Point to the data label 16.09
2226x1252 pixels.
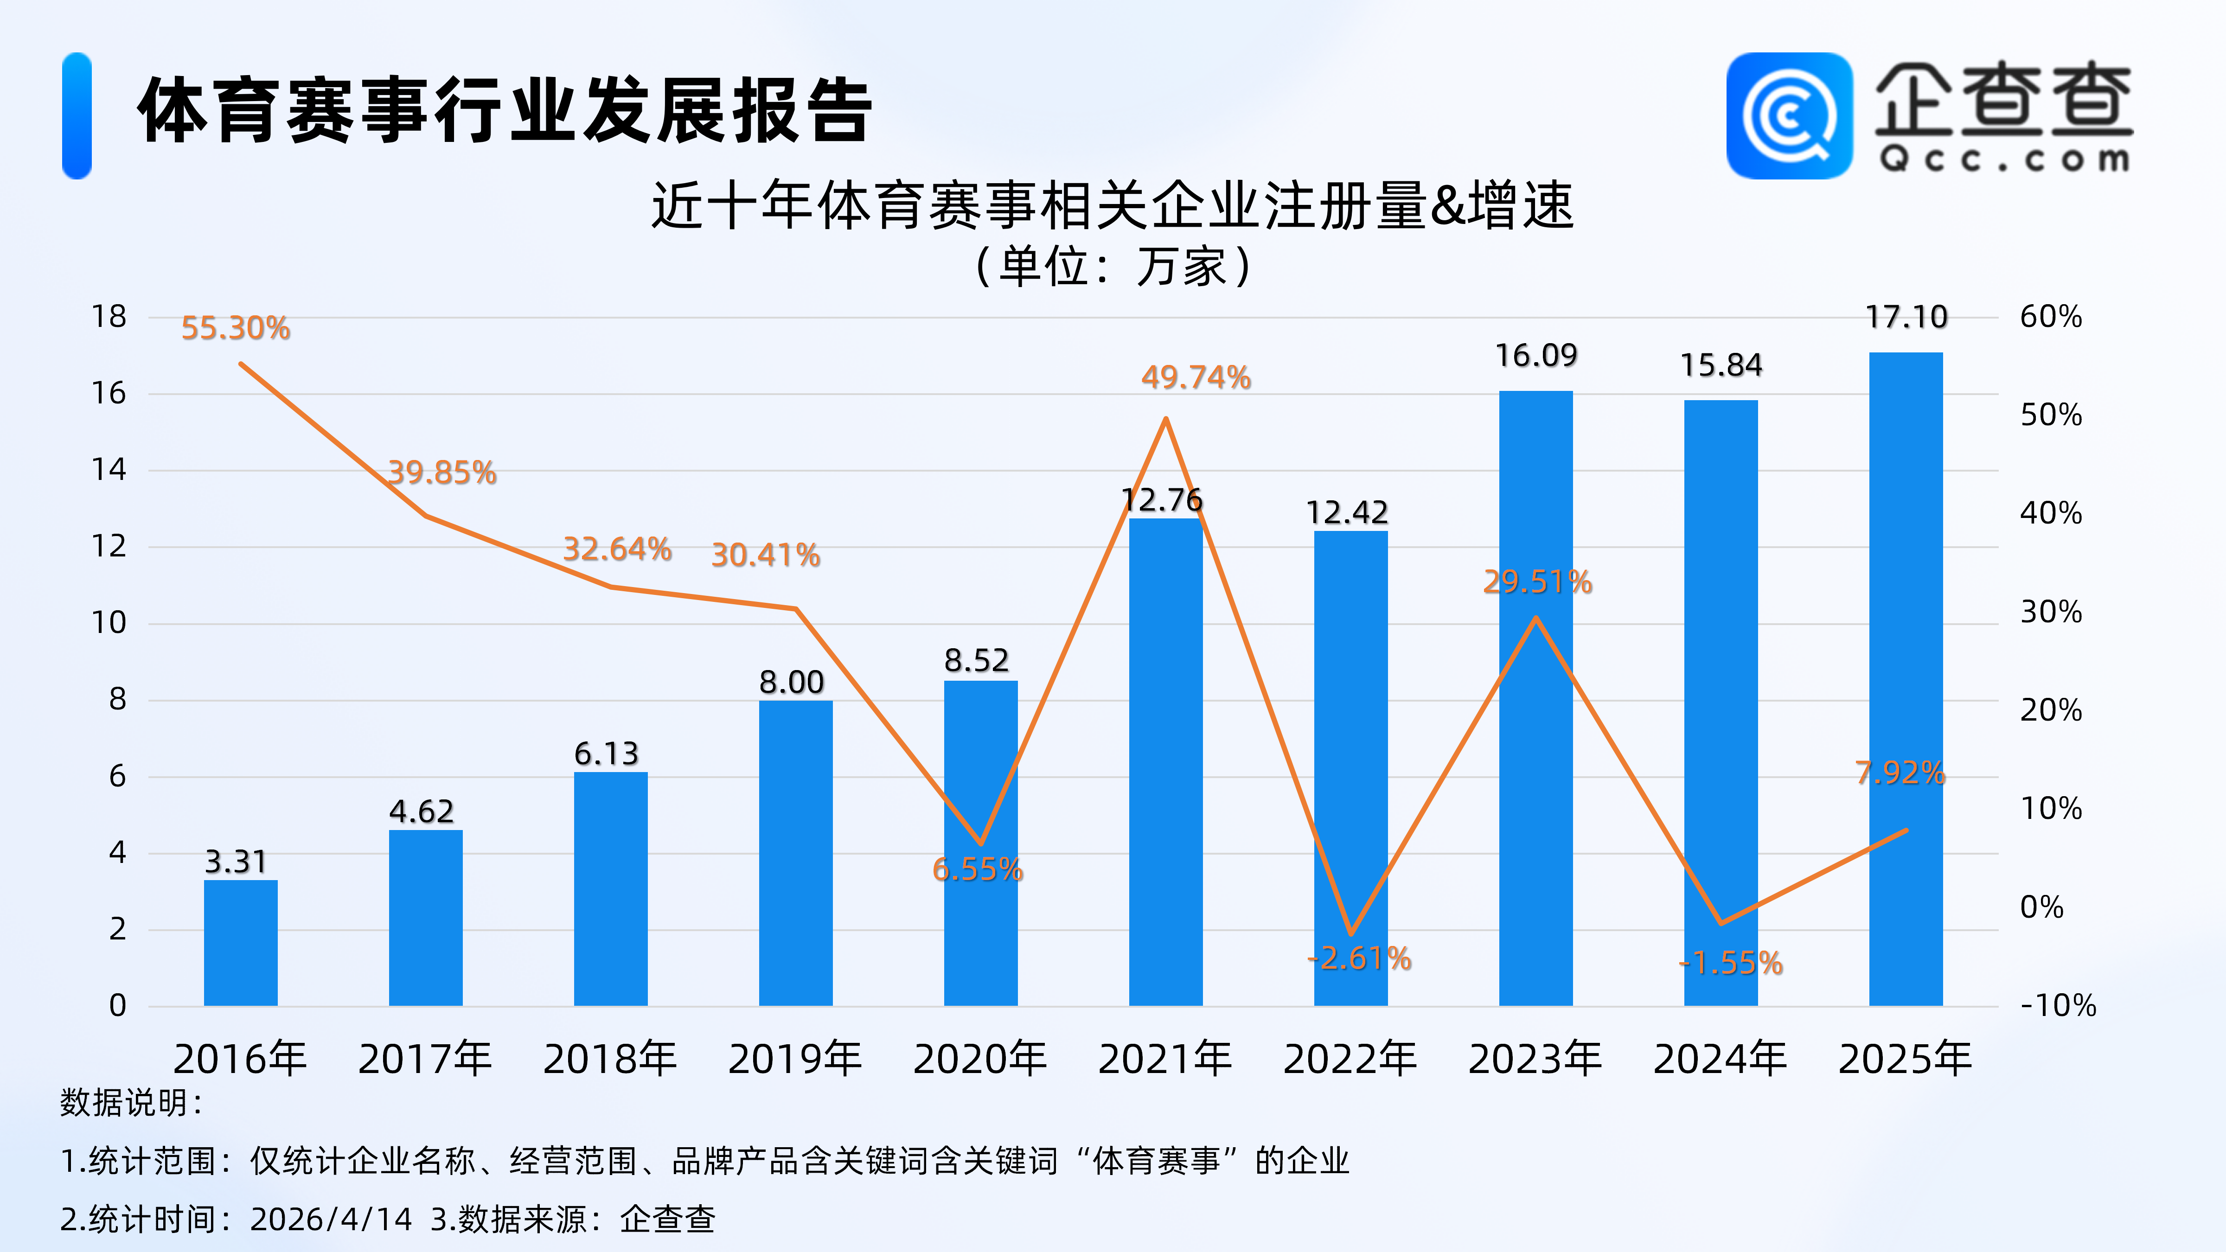[x=1535, y=355]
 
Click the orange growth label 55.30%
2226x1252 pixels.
[x=235, y=328]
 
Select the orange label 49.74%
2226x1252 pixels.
[x=1196, y=377]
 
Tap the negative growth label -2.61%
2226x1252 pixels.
[x=1359, y=958]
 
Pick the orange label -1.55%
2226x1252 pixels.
[x=1731, y=963]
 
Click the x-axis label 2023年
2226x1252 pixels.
[x=1535, y=1059]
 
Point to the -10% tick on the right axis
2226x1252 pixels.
[x=2058, y=1006]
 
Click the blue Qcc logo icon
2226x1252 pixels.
[x=1789, y=116]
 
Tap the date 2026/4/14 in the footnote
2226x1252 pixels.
[x=331, y=1219]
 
